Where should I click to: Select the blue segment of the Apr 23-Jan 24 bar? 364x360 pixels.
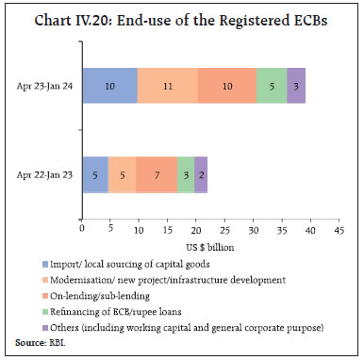110,86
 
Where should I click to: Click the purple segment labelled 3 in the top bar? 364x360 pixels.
296,86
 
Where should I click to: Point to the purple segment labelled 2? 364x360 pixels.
201,174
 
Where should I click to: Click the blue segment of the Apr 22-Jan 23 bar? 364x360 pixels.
96,174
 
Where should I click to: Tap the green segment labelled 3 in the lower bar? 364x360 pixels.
186,174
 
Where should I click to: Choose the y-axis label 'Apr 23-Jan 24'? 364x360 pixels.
45,86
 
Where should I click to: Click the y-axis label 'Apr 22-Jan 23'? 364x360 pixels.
45,174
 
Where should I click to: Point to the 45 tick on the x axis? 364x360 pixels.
339,229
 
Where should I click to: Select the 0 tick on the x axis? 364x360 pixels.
83,229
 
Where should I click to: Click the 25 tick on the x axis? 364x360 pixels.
224,229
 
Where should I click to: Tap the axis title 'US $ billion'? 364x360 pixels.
210,245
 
